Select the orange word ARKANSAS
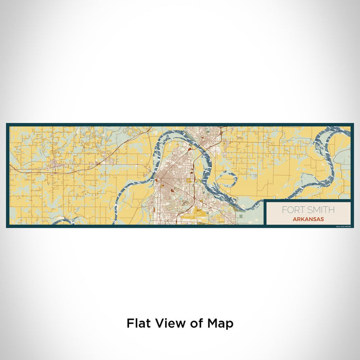[x=308, y=218]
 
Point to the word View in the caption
[x=167, y=323]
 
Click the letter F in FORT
[x=283, y=210]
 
